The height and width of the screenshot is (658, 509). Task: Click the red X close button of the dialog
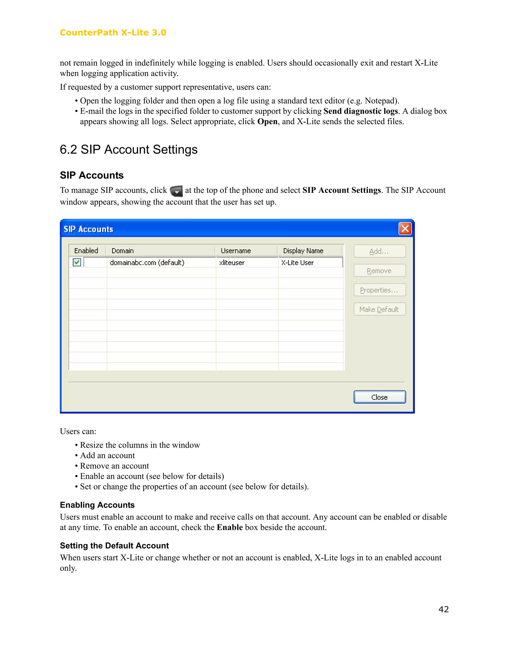[x=405, y=229]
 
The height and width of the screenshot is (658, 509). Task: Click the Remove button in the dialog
[x=379, y=271]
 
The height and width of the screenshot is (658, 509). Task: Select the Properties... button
[x=379, y=290]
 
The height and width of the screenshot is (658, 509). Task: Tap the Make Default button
[x=379, y=309]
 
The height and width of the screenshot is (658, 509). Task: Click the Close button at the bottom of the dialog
[x=379, y=397]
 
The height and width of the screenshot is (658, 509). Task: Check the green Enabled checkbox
[x=77, y=262]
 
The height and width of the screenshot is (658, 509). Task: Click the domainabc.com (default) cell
[x=147, y=262]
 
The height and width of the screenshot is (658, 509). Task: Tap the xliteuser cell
[x=232, y=262]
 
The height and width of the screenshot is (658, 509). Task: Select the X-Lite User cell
[x=297, y=262]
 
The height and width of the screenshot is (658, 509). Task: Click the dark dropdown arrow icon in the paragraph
[x=176, y=191]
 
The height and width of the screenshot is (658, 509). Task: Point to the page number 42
[x=443, y=609]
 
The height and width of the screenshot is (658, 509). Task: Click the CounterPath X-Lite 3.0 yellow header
[x=113, y=33]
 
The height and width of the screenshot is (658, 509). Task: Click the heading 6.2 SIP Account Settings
[x=128, y=149]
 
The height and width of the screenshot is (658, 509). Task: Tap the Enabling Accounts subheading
[x=97, y=505]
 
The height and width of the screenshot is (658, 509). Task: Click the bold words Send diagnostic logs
[x=361, y=111]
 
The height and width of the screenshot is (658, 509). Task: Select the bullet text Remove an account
[x=114, y=466]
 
